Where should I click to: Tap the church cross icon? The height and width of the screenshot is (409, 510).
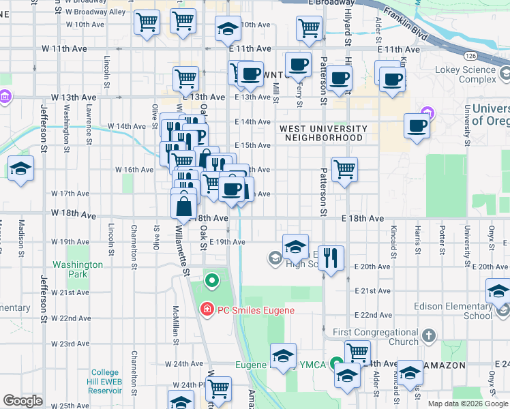[x=428, y=335]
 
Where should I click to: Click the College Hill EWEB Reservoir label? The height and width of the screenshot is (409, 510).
[x=106, y=381]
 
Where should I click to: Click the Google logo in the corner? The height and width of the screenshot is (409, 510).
[x=22, y=401]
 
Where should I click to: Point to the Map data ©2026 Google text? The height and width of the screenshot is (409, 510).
[x=468, y=404]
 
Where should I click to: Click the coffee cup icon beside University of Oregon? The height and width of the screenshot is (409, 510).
[x=417, y=125]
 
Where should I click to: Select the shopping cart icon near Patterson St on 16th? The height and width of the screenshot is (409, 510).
[x=345, y=168]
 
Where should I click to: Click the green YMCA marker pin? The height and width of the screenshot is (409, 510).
[x=335, y=364]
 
